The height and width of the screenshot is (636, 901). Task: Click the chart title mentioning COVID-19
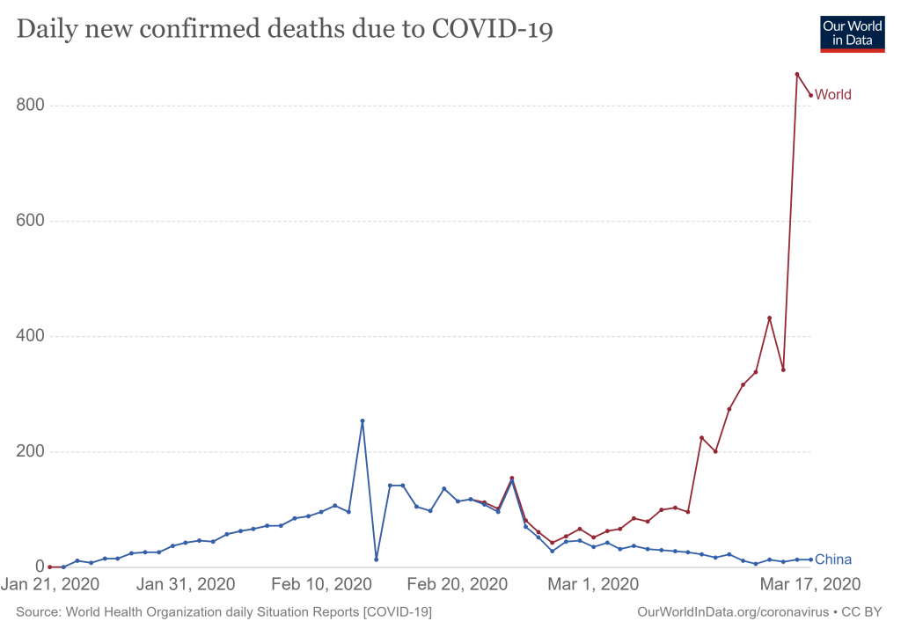point(284,30)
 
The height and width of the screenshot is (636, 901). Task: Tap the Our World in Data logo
point(852,33)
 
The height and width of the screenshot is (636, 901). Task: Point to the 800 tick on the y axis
point(31,106)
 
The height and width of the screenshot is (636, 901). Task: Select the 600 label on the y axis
point(31,221)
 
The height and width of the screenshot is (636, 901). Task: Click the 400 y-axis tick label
point(31,336)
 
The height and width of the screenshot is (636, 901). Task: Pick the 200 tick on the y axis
point(31,451)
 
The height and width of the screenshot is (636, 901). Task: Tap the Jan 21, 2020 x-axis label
point(49,585)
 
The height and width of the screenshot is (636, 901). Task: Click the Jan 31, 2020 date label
point(186,585)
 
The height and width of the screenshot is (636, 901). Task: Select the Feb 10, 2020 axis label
point(322,585)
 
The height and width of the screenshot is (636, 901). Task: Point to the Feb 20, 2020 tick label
point(458,585)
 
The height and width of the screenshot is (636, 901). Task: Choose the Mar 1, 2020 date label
point(593,585)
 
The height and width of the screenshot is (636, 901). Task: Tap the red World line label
point(833,95)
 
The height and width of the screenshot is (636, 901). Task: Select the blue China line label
point(833,559)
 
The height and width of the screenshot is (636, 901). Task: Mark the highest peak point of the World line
point(796,74)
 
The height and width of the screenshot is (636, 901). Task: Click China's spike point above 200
point(363,420)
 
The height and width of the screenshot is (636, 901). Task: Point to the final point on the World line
point(810,95)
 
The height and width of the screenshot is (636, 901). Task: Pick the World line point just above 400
point(769,318)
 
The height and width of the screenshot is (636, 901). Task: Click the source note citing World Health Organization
point(223,611)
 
